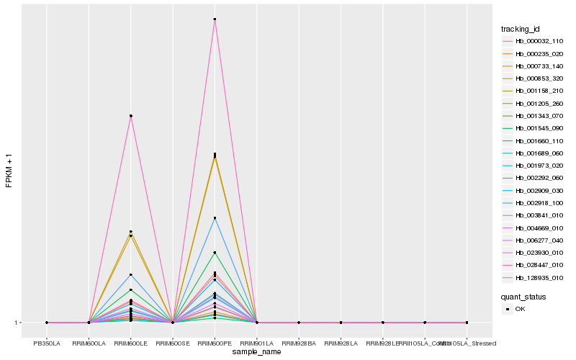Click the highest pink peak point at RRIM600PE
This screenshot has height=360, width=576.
tap(215, 19)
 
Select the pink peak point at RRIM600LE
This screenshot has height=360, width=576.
tap(130, 116)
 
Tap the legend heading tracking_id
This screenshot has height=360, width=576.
tap(521, 29)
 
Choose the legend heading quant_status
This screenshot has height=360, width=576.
tap(523, 296)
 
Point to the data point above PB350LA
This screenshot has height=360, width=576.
tap(47, 323)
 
